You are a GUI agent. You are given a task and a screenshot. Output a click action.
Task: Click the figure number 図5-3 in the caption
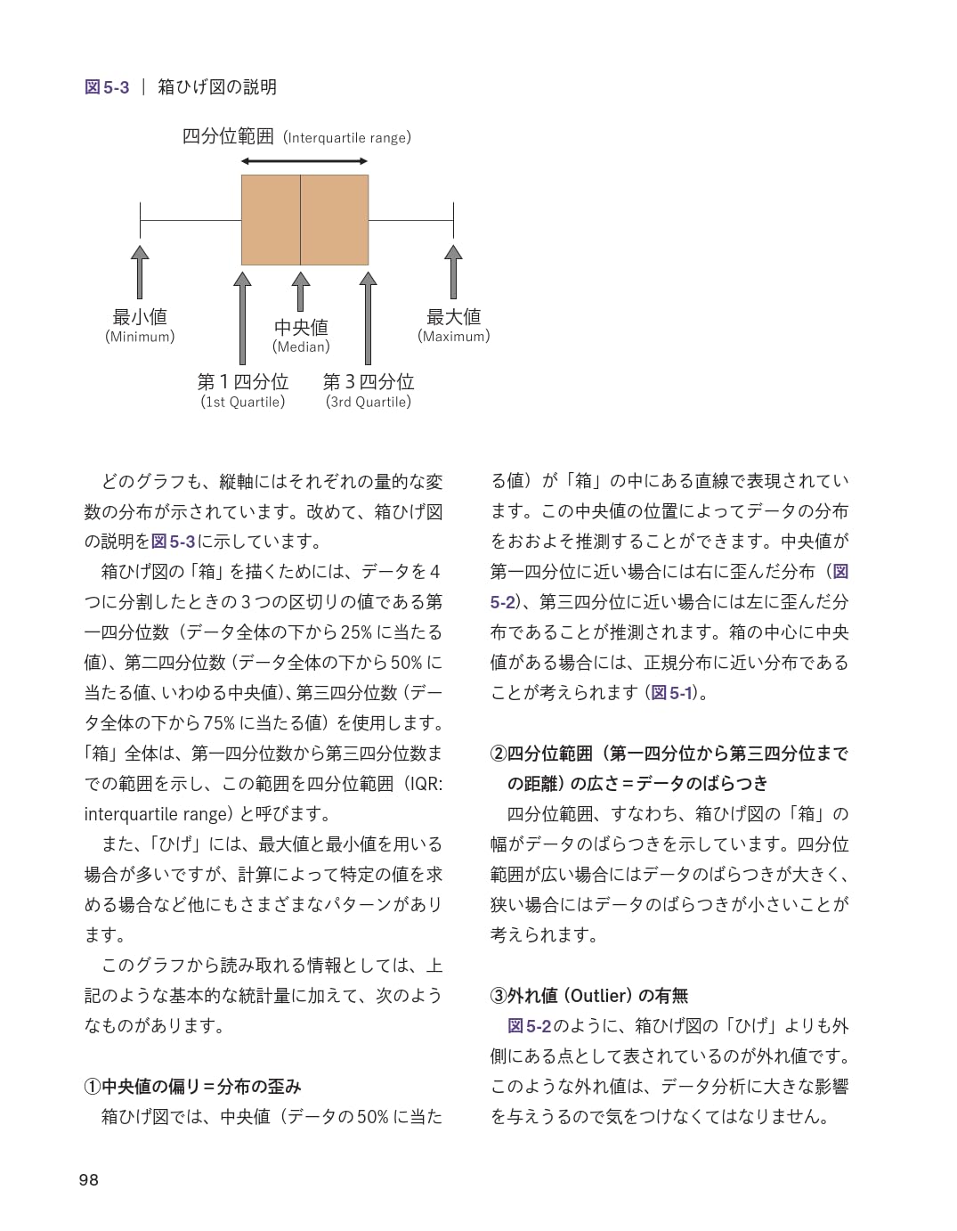(x=107, y=86)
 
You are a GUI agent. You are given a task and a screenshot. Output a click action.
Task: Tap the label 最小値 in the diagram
(x=140, y=316)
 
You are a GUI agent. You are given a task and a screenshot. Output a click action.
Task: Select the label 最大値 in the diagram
(x=453, y=316)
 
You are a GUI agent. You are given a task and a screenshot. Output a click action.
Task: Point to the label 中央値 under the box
(x=301, y=327)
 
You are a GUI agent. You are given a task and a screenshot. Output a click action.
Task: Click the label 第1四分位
(x=243, y=382)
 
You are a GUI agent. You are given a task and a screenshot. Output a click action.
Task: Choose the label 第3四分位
(x=369, y=382)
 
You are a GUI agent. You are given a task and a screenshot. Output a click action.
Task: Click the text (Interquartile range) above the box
(x=347, y=138)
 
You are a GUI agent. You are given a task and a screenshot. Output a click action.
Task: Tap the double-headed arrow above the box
(x=304, y=161)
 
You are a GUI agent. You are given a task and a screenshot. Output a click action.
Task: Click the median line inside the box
(x=300, y=220)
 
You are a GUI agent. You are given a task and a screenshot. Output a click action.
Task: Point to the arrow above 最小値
(x=140, y=272)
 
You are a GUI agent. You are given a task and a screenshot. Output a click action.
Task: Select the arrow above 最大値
(x=453, y=272)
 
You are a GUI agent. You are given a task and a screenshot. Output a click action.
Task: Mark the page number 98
(x=89, y=1180)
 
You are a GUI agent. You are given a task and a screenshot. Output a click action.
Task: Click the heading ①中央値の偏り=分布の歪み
(x=193, y=1087)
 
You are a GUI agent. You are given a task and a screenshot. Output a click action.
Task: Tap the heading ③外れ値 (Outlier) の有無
(x=589, y=996)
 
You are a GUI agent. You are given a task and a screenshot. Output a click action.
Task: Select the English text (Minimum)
(x=140, y=337)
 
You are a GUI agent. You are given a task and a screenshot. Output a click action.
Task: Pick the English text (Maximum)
(x=453, y=337)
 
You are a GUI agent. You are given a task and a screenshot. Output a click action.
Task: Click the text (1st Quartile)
(x=243, y=402)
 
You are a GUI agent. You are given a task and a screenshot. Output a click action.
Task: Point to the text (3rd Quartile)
(x=369, y=402)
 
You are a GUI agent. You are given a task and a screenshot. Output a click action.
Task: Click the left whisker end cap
(x=140, y=220)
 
